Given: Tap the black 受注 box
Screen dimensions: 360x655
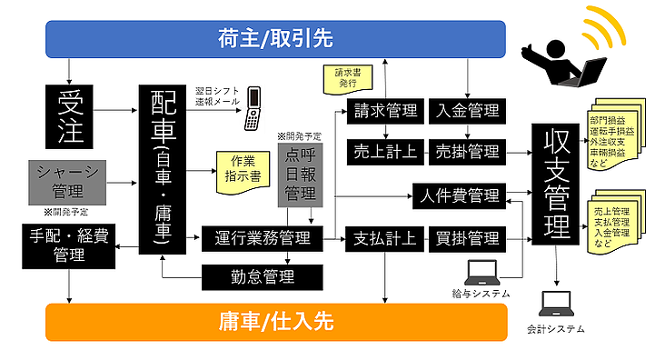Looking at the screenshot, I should pyautogui.click(x=69, y=115).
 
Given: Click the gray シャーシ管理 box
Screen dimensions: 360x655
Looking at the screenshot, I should pyautogui.click(x=69, y=181).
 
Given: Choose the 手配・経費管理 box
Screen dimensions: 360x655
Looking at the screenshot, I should pyautogui.click(x=69, y=246).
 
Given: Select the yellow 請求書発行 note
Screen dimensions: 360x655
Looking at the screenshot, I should pyautogui.click(x=345, y=76).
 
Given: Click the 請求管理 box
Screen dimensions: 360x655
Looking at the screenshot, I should pyautogui.click(x=387, y=111).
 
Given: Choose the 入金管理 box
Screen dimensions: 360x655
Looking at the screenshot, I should pyautogui.click(x=467, y=111).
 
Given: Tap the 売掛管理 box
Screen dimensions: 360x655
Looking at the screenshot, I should pyautogui.click(x=467, y=150).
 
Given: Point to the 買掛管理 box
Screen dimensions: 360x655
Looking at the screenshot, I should pyautogui.click(x=467, y=239).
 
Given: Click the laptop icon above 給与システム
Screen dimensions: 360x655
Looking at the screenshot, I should pyautogui.click(x=481, y=272).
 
